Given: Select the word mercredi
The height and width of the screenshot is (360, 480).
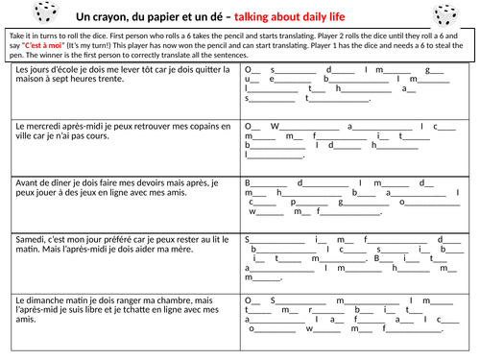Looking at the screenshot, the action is point(49,126).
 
